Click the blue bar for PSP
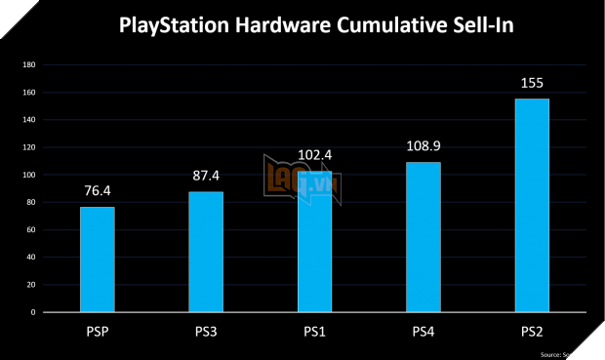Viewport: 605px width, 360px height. pos(97,260)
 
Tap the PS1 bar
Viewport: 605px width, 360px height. pos(314,242)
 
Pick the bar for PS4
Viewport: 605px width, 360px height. pos(423,237)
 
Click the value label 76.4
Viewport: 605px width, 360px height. pos(97,192)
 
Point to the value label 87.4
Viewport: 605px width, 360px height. pos(206,178)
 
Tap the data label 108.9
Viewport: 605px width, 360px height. pos(423,146)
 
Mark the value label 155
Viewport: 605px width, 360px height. pos(533,84)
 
